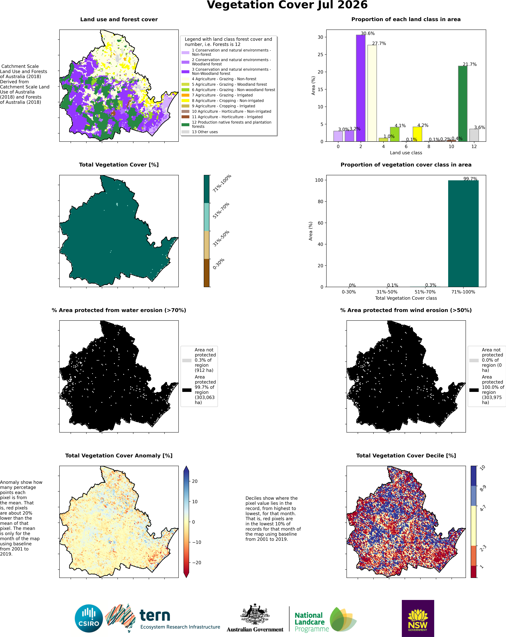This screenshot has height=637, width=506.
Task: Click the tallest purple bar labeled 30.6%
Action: [x=361, y=88]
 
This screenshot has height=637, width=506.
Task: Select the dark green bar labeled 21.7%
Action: [x=463, y=104]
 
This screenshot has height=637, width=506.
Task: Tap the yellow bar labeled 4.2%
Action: [x=417, y=134]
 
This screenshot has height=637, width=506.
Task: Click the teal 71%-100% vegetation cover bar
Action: [x=463, y=233]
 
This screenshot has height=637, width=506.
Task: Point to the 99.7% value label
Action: [x=470, y=179]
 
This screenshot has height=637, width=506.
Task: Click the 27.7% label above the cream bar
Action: [x=379, y=43]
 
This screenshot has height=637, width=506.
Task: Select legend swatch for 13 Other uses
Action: [x=185, y=132]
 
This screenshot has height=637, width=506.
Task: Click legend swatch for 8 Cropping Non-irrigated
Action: [x=185, y=100]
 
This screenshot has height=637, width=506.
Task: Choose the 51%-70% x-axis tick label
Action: [x=425, y=292]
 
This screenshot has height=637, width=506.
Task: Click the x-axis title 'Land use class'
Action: [x=406, y=153]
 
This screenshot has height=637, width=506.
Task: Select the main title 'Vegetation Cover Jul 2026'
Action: [x=287, y=5]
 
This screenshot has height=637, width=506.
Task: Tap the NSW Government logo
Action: [x=418, y=618]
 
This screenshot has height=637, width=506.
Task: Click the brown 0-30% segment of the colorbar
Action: [x=207, y=273]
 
